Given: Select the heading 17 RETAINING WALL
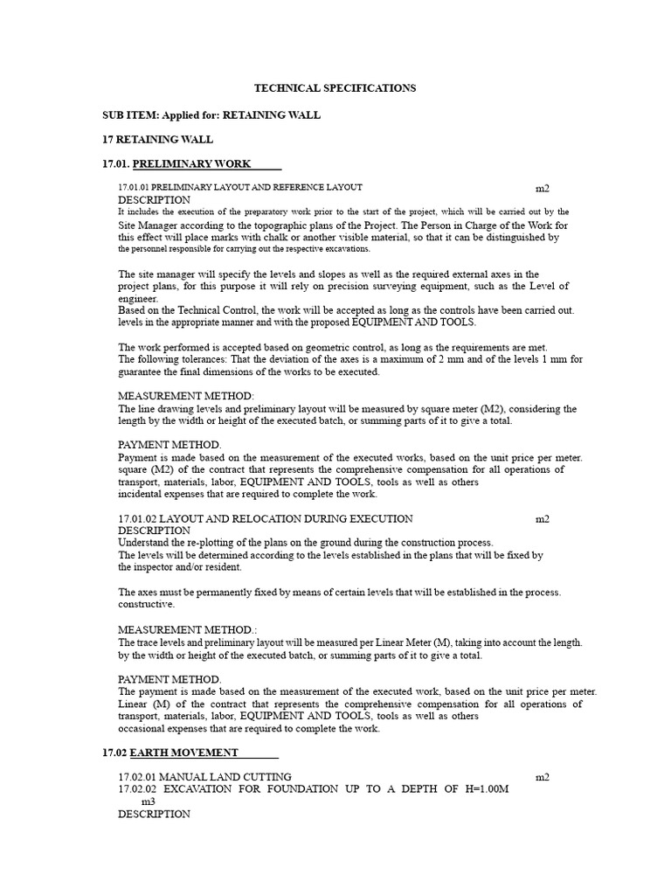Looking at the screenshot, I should (157, 140).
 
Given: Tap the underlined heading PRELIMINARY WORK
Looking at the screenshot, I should (191, 163).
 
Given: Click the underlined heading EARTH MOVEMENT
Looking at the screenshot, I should (184, 753).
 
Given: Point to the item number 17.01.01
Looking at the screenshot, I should (139, 188).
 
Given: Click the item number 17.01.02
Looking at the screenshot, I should (137, 518).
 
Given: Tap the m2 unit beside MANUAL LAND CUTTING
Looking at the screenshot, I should (543, 777).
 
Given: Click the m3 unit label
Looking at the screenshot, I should (149, 801).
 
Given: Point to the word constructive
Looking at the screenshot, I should (147, 604).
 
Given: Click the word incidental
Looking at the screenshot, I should (142, 494).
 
